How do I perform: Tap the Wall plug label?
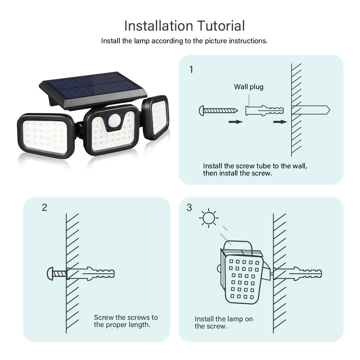[249, 87]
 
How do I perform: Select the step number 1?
[191, 70]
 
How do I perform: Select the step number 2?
[44, 208]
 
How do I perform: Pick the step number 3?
[189, 208]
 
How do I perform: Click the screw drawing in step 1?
[218, 111]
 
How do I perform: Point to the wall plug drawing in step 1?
[265, 110]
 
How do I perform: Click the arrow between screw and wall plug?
[235, 122]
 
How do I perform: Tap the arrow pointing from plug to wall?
[280, 122]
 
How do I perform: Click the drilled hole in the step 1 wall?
[310, 110]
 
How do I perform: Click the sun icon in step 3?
[209, 218]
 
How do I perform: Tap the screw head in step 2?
[50, 274]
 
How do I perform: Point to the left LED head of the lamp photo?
[46, 136]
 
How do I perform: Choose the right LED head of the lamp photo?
[155, 117]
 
